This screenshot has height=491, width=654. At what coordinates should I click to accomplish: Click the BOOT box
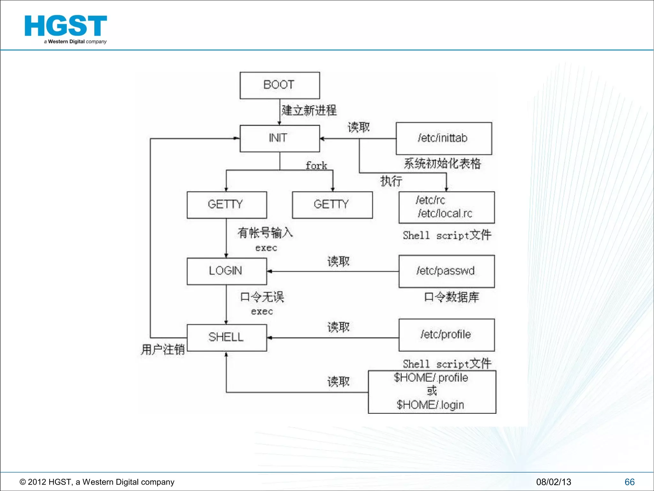279,85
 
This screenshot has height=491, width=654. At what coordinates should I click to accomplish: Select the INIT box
279,138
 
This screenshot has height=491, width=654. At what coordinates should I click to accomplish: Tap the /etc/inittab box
444,138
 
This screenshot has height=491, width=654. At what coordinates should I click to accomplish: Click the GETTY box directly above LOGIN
226,205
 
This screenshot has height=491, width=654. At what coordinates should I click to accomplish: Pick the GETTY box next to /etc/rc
332,205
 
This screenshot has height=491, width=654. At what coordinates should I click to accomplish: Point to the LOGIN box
226,271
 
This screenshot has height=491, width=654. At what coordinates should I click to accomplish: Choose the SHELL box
226,338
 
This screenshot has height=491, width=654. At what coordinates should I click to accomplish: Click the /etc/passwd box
446,271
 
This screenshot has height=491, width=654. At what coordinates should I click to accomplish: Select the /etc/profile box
446,335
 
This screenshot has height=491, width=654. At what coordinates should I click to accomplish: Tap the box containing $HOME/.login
432,392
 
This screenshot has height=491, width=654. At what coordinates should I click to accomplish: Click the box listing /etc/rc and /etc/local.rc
446,207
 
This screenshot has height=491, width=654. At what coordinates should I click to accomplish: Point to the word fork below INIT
316,166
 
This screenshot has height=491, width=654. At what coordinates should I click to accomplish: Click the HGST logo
66,29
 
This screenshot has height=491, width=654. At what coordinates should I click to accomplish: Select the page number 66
629,482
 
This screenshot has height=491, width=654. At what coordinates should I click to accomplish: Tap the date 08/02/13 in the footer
553,482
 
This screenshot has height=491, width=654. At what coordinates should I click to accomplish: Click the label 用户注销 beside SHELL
163,349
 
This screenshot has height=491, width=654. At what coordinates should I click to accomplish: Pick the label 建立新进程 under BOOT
309,110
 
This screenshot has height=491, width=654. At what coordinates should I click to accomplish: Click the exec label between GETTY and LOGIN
266,248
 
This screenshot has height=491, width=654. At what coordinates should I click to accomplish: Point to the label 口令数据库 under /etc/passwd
452,297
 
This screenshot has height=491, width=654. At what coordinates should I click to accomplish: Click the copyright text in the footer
97,482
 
